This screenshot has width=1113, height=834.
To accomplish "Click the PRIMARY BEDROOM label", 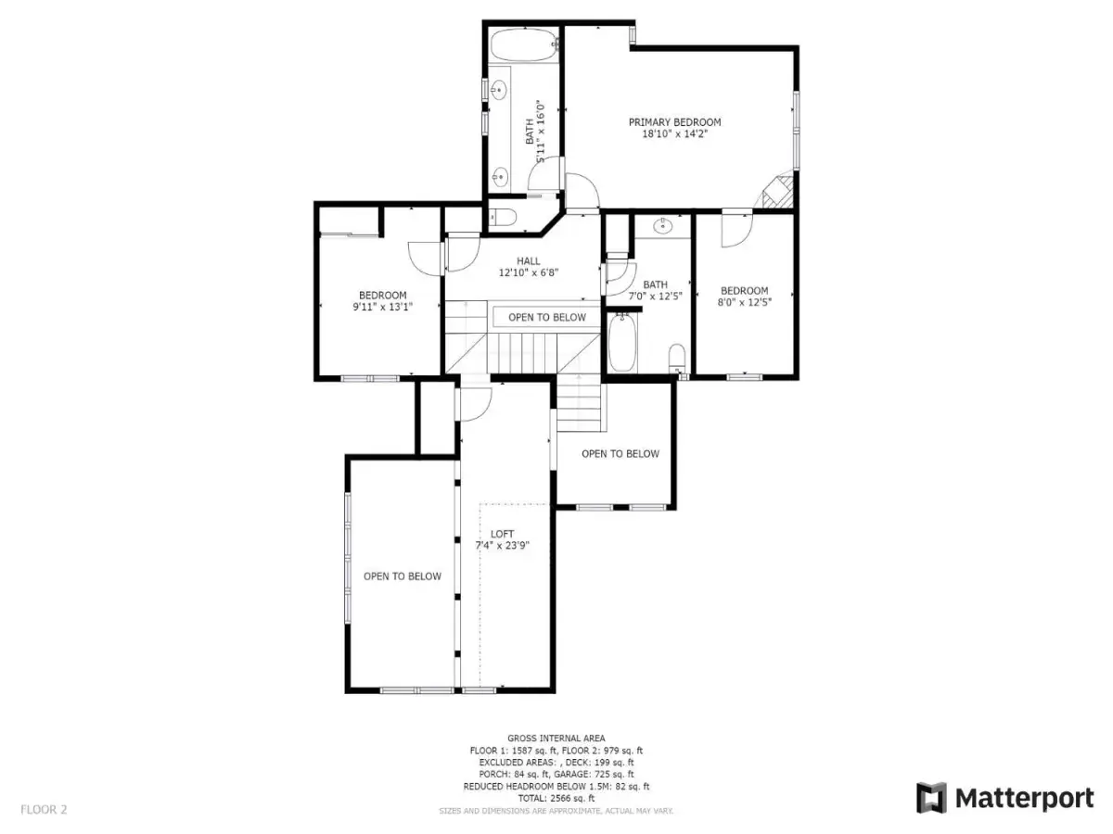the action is pos(674,122).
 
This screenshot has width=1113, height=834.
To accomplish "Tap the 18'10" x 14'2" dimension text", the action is pos(674,134).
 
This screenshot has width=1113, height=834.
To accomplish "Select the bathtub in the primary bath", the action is pos(524,45).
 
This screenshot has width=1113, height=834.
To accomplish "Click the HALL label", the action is pos(529,261).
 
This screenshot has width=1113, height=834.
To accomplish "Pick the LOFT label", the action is pos(502,534).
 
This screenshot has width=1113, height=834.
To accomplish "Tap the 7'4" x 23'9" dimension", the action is pos(502,546).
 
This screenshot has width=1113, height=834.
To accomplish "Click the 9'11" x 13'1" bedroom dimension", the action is pos(383,307).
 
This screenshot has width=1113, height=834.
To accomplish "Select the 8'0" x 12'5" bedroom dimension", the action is pos(745,302).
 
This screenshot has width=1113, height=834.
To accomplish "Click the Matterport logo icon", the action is pos(931,798).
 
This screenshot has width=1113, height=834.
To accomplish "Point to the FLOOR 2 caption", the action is pos(44,810).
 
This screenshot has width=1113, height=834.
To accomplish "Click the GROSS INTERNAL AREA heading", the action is pos(556,739).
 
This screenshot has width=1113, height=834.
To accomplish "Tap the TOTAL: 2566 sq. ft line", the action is pos(556,799).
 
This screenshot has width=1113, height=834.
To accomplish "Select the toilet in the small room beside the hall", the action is pos(503,217).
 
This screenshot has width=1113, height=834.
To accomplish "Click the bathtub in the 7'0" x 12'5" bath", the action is pos(622,343).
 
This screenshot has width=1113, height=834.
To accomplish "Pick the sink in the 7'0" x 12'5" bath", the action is pos(662,226).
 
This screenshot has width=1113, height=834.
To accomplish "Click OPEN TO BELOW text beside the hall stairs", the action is pos(547,318).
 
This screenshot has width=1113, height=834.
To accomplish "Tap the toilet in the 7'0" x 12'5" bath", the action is pos(677,358).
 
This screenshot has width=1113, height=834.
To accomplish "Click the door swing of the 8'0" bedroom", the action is pos(737,231).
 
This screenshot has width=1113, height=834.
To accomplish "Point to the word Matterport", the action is pos(1025,799).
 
